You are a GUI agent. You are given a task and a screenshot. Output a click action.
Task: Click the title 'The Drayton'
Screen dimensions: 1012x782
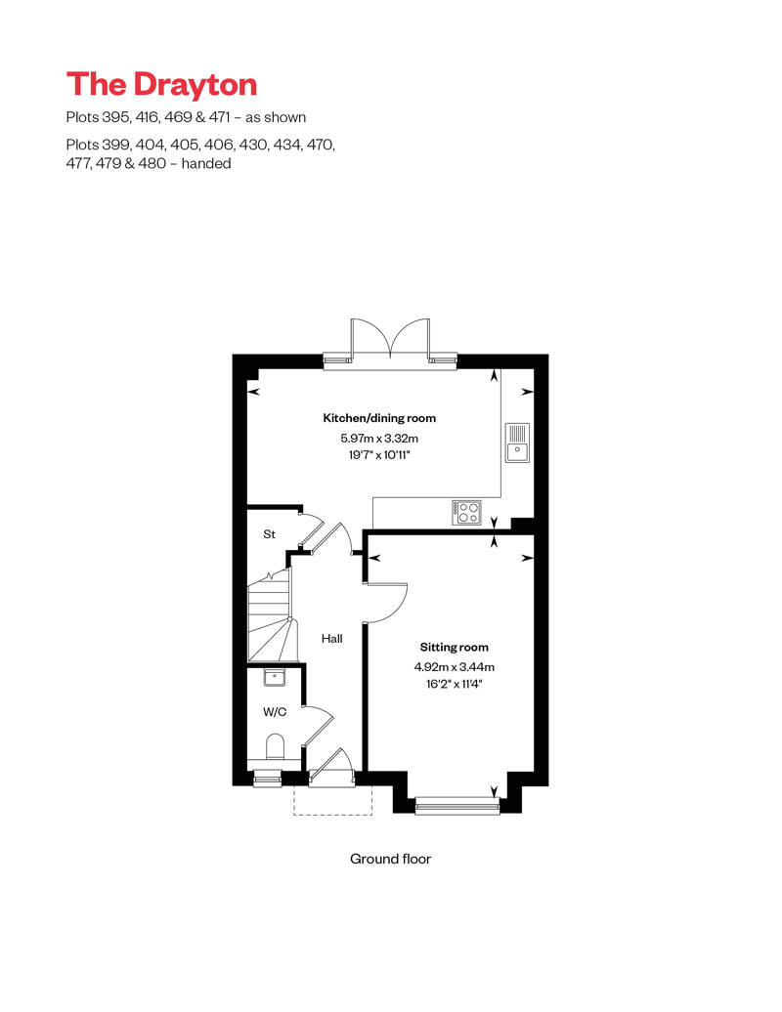pyautogui.click(x=161, y=85)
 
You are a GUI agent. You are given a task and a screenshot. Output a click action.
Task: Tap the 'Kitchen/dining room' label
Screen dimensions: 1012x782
pyautogui.click(x=379, y=418)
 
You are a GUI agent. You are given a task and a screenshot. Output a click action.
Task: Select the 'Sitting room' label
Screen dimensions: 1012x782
pyautogui.click(x=454, y=648)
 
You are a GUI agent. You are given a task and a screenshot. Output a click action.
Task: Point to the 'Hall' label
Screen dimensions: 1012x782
pyautogui.click(x=332, y=639)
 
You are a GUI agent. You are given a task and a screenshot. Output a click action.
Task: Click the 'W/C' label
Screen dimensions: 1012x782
pyautogui.click(x=275, y=712)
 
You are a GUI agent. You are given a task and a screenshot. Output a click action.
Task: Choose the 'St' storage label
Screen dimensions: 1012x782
pyautogui.click(x=270, y=535)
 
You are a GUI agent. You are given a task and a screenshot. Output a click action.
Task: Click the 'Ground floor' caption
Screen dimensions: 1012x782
pyautogui.click(x=390, y=860)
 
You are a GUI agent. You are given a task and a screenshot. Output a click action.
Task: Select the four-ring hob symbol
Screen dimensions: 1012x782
pyautogui.click(x=467, y=512)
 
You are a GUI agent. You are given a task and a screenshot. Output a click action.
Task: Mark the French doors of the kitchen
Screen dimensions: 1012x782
pyautogui.click(x=390, y=342)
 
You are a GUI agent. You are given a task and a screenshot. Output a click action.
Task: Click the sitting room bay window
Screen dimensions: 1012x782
pyautogui.click(x=456, y=806)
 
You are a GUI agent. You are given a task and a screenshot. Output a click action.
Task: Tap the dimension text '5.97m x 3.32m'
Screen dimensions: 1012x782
pyautogui.click(x=379, y=440)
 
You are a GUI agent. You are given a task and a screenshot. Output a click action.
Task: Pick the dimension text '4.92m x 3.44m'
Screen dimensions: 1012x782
pyautogui.click(x=454, y=667)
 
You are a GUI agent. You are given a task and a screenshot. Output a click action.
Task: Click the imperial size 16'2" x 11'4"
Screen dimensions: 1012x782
pyautogui.click(x=454, y=684)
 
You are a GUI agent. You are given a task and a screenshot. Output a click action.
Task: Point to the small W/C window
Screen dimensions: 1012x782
pyautogui.click(x=266, y=778)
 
